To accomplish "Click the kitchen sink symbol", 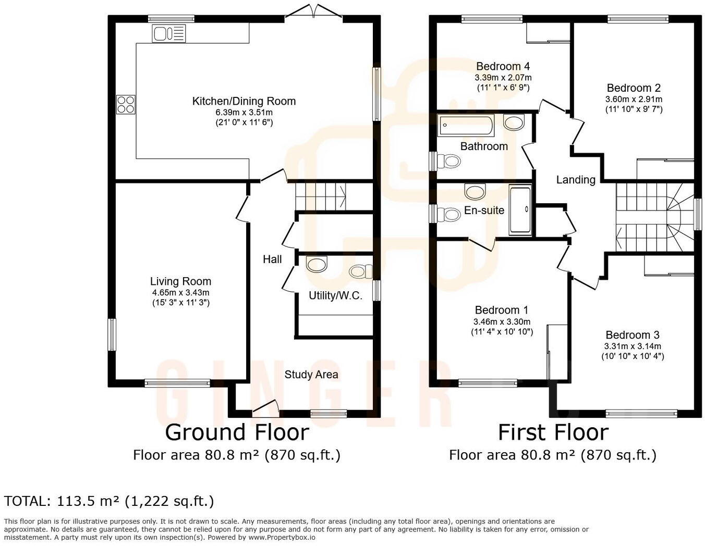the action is (x=169, y=34).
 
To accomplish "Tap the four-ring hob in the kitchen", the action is (x=126, y=104).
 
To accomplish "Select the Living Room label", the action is (x=181, y=281).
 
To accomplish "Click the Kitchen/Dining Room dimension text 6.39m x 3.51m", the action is (x=244, y=113).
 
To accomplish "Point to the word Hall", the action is (x=272, y=259).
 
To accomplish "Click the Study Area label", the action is (x=311, y=375).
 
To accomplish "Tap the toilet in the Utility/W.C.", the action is (x=361, y=271).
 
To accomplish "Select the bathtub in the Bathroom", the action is (x=466, y=125).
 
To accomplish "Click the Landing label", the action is (x=576, y=180).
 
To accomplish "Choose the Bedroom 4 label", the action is (x=503, y=66).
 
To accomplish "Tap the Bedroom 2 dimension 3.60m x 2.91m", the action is (x=634, y=99).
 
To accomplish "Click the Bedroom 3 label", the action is (x=633, y=334).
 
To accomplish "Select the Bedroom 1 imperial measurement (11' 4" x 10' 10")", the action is (x=502, y=332).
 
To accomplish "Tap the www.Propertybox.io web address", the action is (x=282, y=537).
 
